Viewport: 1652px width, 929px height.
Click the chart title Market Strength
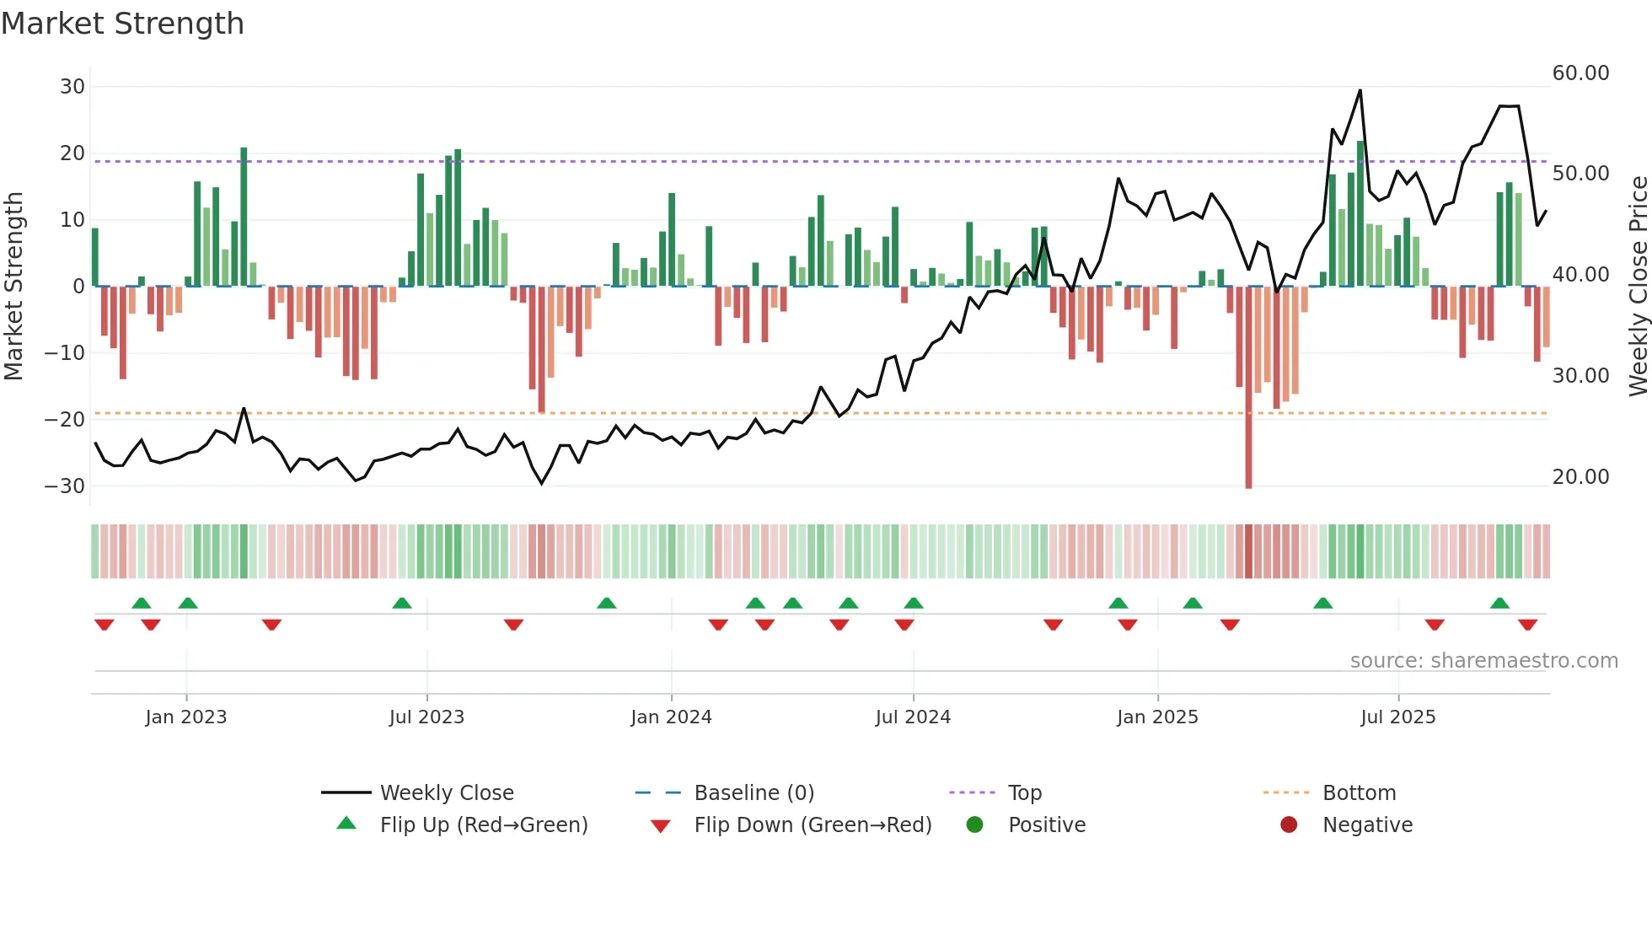point(122,24)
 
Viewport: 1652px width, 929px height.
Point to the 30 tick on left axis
point(72,87)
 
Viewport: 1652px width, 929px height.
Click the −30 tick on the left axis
point(65,486)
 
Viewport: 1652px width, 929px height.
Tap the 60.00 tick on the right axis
point(1580,73)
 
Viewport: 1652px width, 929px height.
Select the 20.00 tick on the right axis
point(1580,477)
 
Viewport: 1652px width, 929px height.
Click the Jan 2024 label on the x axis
point(671,717)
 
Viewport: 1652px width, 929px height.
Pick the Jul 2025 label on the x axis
point(1397,717)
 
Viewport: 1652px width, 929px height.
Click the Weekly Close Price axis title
point(1638,287)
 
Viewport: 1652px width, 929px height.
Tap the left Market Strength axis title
point(13,287)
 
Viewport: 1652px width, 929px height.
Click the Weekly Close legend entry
point(446,793)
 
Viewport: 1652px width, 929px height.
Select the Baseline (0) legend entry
point(754,793)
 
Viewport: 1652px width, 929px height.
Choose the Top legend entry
point(1024,793)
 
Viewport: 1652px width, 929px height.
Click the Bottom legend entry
point(1359,793)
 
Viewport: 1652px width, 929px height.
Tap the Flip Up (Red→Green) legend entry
point(483,825)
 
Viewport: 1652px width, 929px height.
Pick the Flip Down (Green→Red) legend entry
point(813,825)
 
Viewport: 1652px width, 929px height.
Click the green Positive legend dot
point(975,825)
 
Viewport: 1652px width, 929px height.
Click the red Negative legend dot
point(1289,825)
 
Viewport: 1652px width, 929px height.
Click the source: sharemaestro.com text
point(1483,661)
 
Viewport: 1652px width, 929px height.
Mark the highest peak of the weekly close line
point(1360,91)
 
